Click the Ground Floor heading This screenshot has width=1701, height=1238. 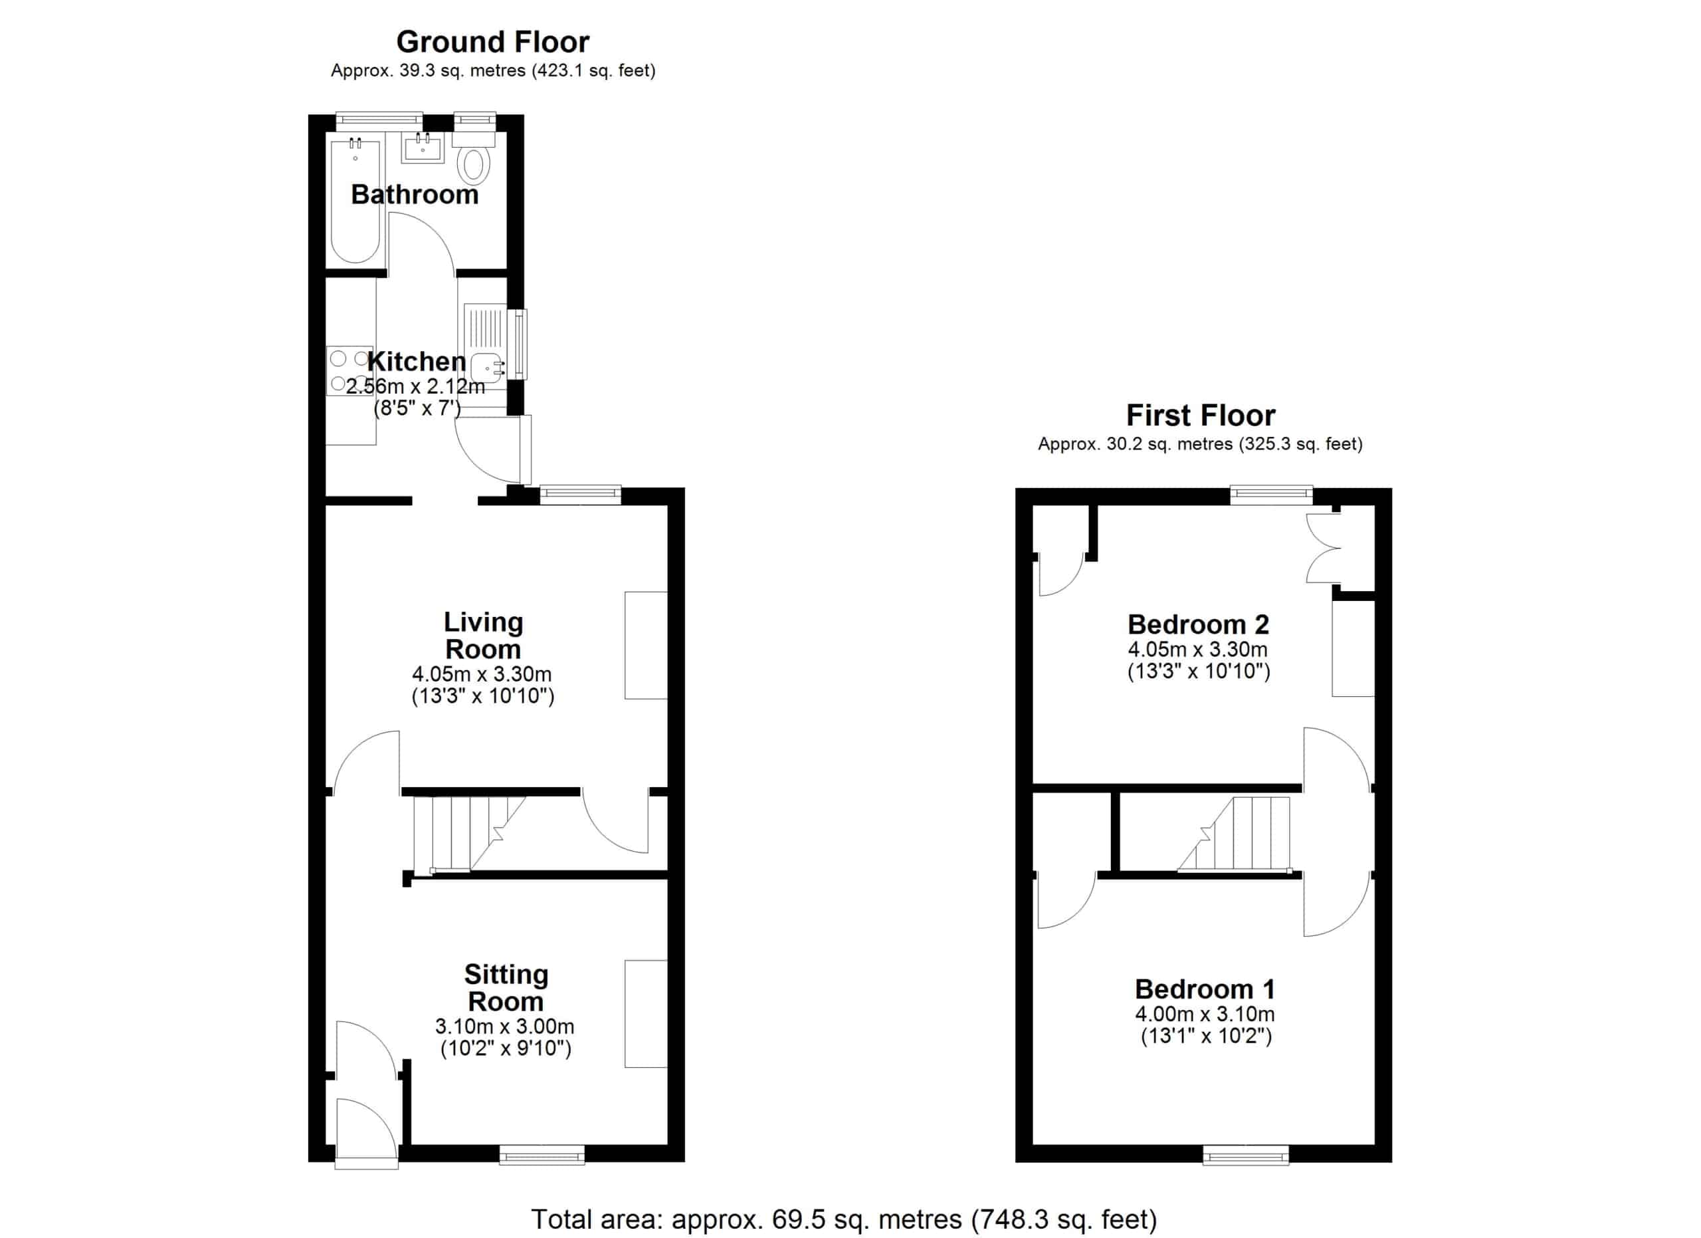click(x=493, y=42)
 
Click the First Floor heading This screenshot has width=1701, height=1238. click(x=1200, y=415)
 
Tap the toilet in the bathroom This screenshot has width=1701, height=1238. click(x=474, y=158)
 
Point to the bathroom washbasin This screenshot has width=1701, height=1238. click(x=424, y=147)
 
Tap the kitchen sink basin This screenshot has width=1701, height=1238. click(x=488, y=368)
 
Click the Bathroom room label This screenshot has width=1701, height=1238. click(x=415, y=194)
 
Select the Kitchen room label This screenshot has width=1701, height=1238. click(x=417, y=361)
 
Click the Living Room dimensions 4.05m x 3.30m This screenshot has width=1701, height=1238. click(x=482, y=674)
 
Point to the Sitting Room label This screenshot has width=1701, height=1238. click(x=506, y=987)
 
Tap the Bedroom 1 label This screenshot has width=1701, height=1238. click(x=1205, y=989)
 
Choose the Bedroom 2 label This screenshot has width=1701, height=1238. click(x=1199, y=624)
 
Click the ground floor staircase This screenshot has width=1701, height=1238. click(x=470, y=834)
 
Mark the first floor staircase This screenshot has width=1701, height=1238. click(x=1235, y=834)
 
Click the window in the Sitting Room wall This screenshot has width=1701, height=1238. click(x=542, y=1155)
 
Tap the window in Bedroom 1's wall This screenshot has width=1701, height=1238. click(x=1246, y=1155)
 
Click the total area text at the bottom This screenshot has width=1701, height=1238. click(x=844, y=1219)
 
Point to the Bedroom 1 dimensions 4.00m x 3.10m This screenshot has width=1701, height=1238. click(x=1205, y=1015)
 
